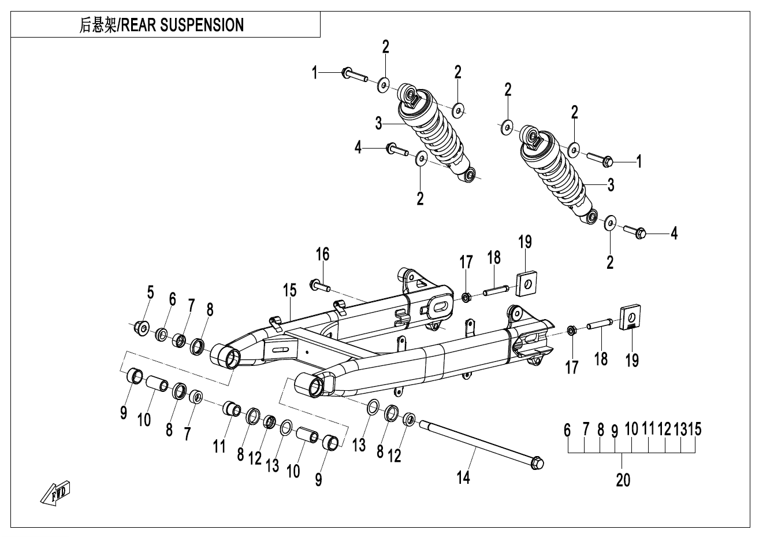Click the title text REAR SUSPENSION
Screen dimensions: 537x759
[x=181, y=25]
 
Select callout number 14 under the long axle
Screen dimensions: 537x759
[x=463, y=477]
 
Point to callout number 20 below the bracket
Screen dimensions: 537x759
[x=623, y=479]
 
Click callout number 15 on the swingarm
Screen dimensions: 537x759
[x=289, y=290]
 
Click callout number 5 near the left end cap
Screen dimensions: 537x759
[x=150, y=292]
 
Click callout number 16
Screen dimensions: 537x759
[x=322, y=254]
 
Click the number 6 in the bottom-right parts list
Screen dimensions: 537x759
[x=568, y=430]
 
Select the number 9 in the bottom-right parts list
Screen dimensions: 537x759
[x=615, y=431]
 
